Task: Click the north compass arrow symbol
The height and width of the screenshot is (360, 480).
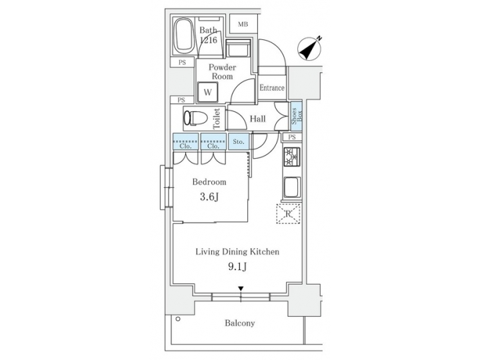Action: click(310, 47)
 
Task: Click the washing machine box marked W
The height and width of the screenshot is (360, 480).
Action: click(208, 91)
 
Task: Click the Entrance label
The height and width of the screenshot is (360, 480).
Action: click(272, 88)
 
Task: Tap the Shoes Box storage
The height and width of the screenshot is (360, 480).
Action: click(294, 119)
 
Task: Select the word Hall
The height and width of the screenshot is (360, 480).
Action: click(258, 119)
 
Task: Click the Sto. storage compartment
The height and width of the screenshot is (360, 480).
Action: click(239, 141)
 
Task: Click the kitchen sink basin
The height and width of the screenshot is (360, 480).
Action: click(292, 188)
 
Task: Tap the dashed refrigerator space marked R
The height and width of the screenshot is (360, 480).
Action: click(289, 213)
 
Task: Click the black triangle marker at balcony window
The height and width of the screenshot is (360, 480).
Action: click(241, 289)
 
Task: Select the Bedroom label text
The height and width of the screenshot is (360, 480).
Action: click(209, 181)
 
